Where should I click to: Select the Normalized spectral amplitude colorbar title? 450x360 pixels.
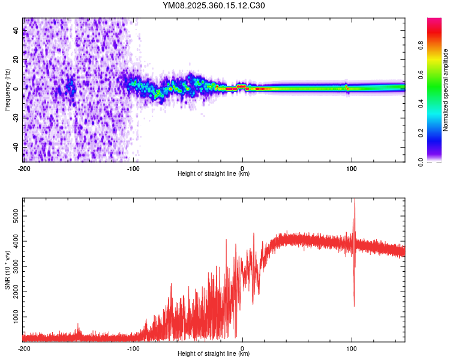(445, 90)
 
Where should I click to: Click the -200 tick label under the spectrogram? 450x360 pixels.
(24, 167)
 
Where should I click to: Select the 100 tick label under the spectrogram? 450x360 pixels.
(351, 167)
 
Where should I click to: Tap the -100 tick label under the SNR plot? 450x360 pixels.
(133, 348)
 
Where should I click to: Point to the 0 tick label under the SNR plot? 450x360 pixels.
(242, 348)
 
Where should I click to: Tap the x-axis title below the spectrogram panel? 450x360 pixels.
(214, 174)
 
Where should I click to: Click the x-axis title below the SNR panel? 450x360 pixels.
(214, 354)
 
